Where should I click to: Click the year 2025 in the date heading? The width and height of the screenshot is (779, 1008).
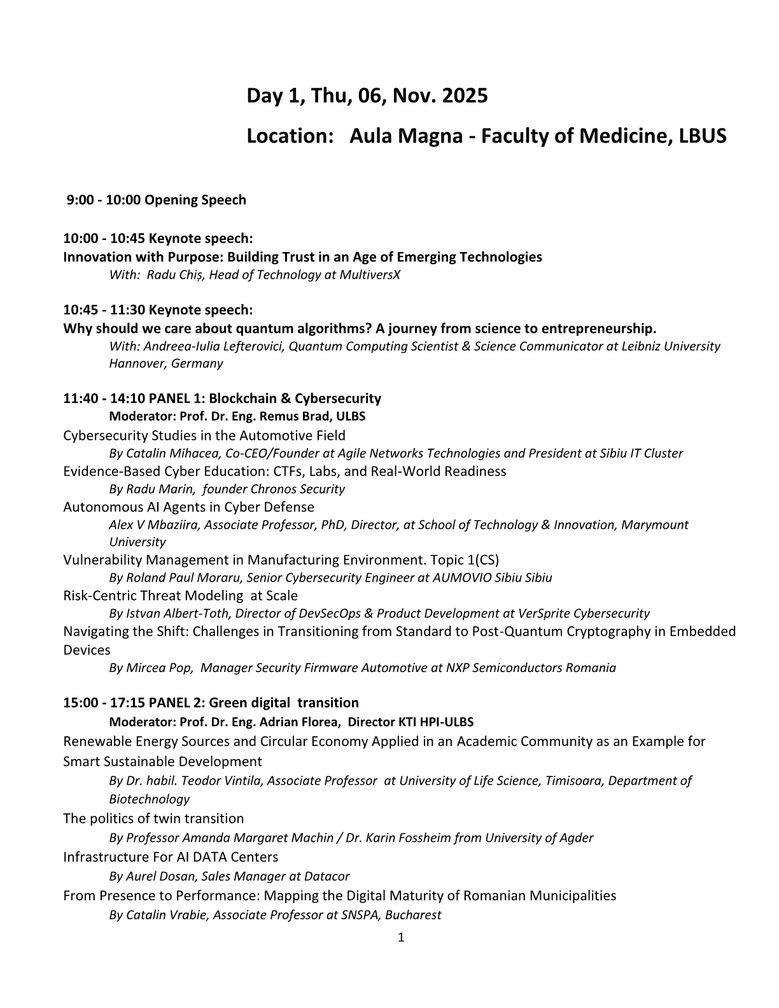click(465, 96)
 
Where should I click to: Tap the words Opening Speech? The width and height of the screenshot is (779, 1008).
click(195, 200)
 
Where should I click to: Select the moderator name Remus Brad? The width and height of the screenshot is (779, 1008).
click(298, 416)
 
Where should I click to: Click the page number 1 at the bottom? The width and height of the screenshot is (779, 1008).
click(400, 937)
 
